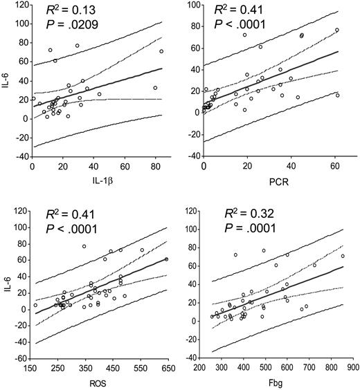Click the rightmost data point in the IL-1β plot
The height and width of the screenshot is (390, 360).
click(161, 51)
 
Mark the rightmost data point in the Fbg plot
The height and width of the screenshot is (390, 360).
click(342, 256)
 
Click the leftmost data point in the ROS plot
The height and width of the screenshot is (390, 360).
click(35, 305)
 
